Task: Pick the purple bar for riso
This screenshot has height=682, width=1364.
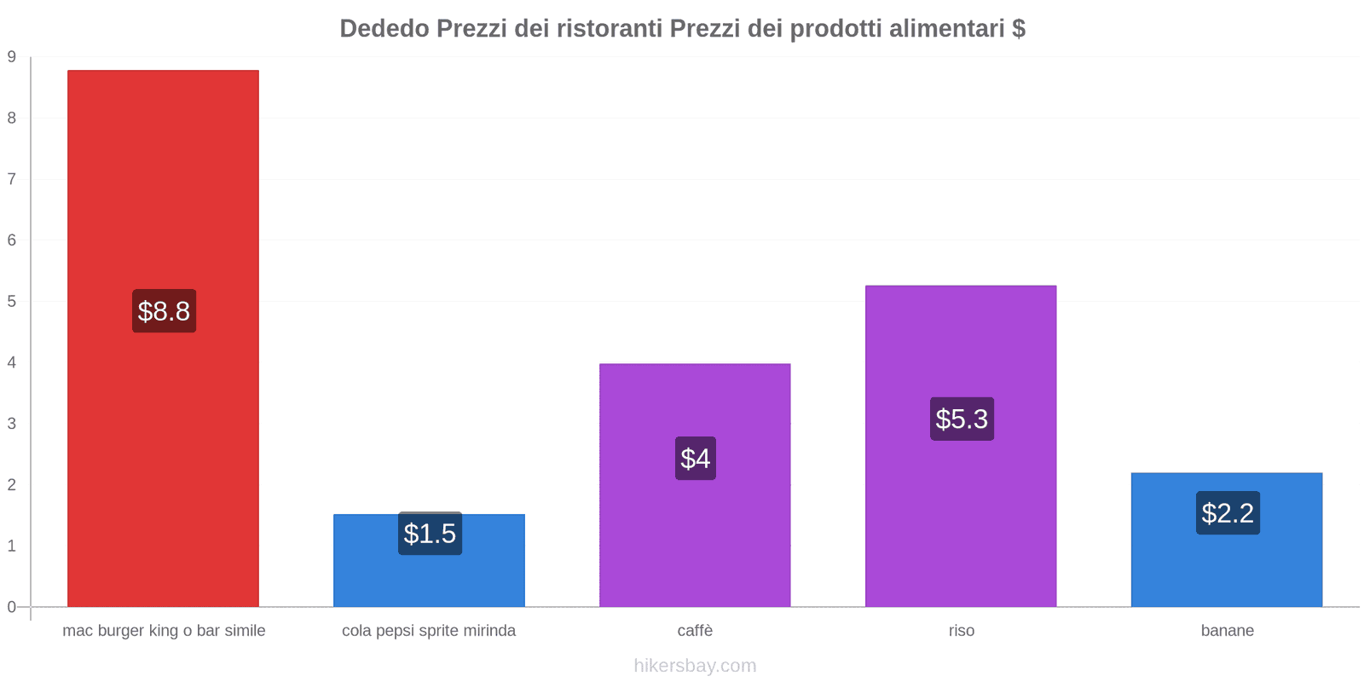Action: [961, 511]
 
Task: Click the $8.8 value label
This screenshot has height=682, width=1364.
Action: [164, 311]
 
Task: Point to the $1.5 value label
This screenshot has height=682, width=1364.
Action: [430, 534]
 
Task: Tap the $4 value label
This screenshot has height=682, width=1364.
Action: [696, 459]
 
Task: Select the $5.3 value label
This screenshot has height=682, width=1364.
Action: [962, 419]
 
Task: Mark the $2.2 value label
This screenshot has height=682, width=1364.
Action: [1228, 513]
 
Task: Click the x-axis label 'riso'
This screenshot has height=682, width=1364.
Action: [961, 631]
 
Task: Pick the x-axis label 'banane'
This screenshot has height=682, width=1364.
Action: [1227, 631]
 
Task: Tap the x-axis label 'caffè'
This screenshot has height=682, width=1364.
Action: [695, 631]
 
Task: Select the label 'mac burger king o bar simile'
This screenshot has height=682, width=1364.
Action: [164, 631]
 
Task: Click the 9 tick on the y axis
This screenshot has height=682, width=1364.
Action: [12, 57]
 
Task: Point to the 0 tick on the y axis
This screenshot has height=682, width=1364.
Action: [12, 607]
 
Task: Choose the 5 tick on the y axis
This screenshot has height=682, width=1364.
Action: [12, 302]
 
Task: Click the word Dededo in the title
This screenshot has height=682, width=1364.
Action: [384, 29]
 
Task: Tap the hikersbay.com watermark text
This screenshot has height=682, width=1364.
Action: [695, 666]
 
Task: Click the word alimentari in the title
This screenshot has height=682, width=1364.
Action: [946, 29]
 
